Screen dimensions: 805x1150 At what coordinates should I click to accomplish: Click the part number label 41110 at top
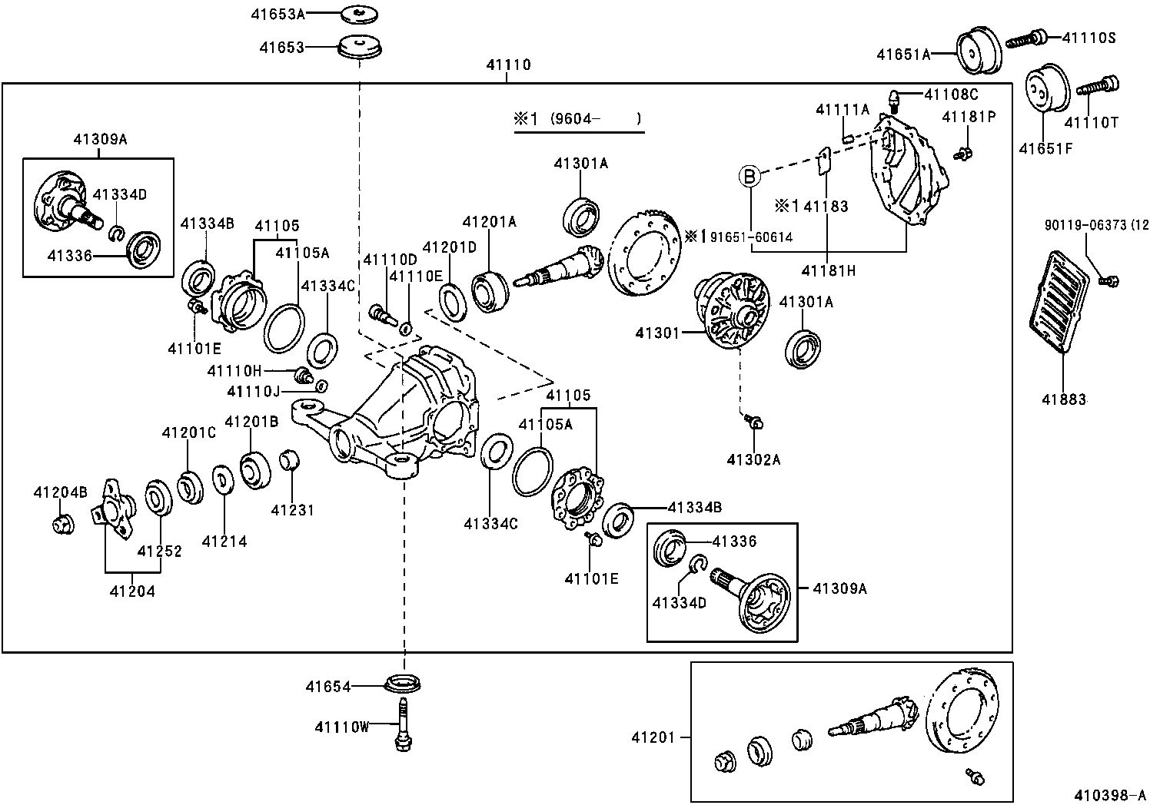point(508,65)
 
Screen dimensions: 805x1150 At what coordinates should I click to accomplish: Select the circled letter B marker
point(749,176)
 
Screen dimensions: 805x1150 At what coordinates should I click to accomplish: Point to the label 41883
point(1064,399)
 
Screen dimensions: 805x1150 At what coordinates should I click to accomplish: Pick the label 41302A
point(753,459)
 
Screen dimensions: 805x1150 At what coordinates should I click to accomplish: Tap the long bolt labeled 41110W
point(402,722)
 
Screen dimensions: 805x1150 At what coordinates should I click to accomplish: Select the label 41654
point(327,687)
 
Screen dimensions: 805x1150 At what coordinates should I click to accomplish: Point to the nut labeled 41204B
point(61,525)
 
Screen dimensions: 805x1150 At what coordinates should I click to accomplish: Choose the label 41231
point(292,509)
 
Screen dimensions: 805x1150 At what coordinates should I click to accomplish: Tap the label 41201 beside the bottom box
point(653,737)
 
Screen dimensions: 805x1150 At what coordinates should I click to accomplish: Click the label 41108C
point(951,94)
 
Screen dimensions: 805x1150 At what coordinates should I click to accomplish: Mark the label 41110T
point(1091,121)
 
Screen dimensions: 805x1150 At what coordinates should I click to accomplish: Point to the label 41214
point(224,542)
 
